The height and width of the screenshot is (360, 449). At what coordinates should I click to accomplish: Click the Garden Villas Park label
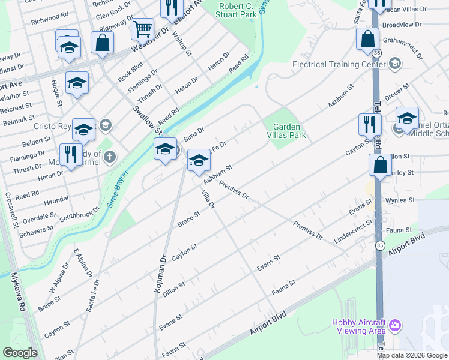point(289,131)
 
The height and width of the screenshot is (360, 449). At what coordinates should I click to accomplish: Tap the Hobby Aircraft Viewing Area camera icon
point(395,326)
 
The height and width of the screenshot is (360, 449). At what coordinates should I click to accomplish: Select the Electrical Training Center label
point(339,64)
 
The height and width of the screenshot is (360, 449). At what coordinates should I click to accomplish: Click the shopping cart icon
point(142,28)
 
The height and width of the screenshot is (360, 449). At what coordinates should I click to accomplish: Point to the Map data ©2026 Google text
point(412,355)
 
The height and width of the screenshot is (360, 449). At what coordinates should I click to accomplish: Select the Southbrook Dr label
point(79,214)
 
